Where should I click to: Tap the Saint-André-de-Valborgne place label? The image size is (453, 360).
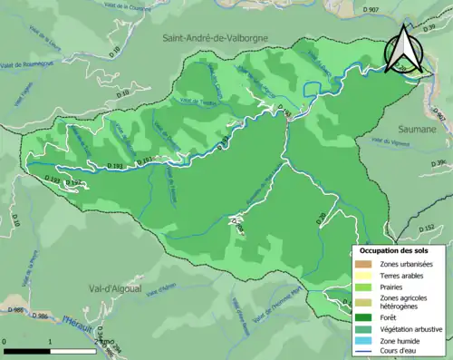221,38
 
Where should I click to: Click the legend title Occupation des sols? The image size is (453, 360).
395,250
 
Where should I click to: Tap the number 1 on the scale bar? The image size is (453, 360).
49,342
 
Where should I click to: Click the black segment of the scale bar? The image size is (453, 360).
25,350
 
